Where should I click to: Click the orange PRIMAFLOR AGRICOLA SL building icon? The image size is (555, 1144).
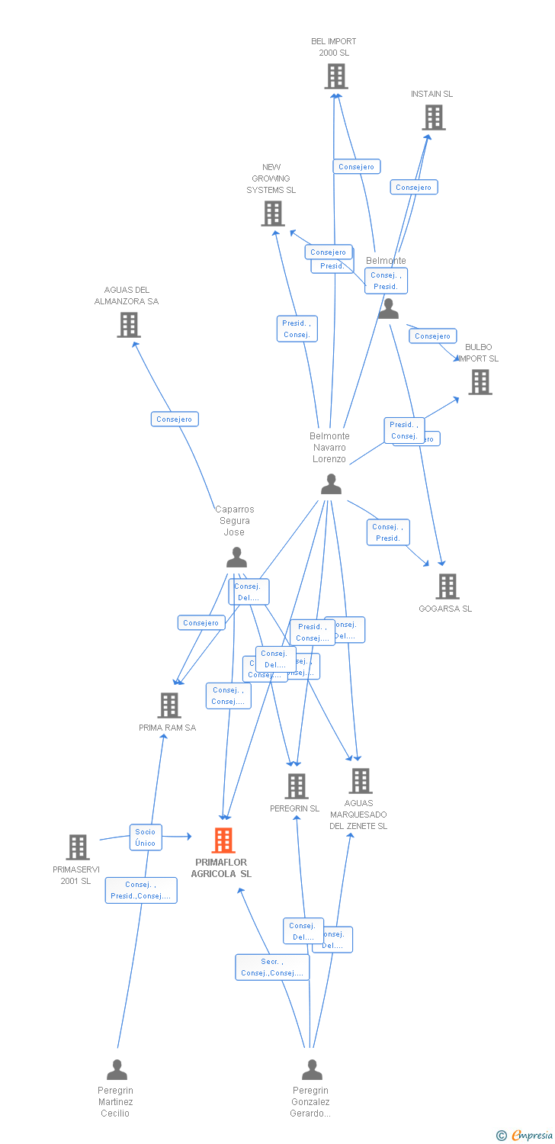(223, 840)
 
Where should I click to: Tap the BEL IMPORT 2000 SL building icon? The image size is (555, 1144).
(335, 76)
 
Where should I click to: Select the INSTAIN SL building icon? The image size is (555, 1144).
(434, 117)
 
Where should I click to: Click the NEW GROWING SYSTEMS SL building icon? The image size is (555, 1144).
(273, 214)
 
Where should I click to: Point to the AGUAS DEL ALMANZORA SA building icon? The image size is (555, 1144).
(129, 325)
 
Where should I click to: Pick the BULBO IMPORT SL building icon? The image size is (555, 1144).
(480, 382)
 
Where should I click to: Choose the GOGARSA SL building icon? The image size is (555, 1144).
(447, 586)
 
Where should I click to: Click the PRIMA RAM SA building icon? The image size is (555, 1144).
(169, 705)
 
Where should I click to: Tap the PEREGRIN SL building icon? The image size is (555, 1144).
(296, 786)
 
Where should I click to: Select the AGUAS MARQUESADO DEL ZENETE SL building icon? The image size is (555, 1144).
(360, 781)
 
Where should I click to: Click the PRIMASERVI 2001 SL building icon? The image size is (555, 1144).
(78, 847)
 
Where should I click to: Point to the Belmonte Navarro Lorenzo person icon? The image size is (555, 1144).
(331, 484)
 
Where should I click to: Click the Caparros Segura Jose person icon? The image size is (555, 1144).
(236, 558)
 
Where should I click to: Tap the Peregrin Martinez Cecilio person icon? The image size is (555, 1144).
(117, 1070)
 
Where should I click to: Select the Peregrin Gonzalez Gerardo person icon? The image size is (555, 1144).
(312, 1070)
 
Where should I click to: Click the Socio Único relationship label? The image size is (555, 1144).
(146, 837)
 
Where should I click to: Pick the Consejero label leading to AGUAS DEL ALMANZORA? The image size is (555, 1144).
(175, 419)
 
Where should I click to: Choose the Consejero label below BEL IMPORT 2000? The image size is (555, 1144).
(357, 166)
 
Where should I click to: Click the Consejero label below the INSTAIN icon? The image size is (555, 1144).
(414, 187)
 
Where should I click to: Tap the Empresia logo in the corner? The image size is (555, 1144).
(525, 1136)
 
